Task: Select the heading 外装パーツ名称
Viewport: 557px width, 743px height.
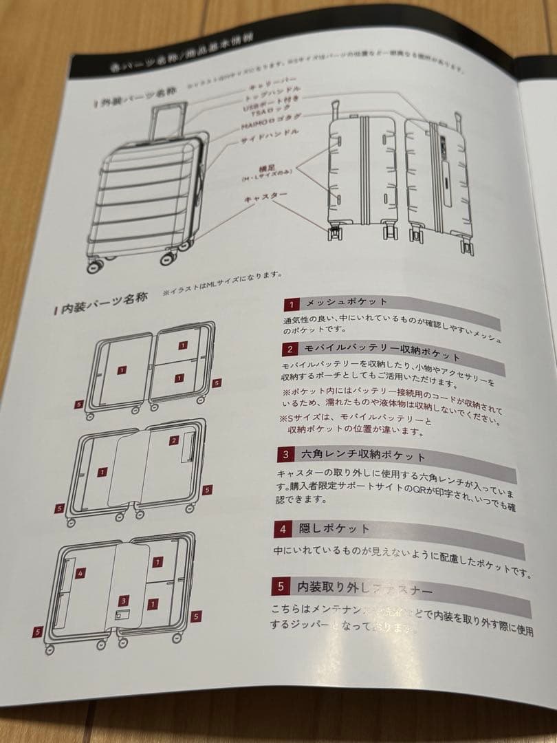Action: (x=134, y=96)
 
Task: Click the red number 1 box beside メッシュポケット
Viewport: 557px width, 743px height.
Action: (x=291, y=303)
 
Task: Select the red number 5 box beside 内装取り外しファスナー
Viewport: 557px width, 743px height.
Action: (x=281, y=587)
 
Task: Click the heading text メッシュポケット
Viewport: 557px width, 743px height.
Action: (x=346, y=303)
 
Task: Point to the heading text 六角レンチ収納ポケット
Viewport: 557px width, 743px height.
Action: (x=362, y=456)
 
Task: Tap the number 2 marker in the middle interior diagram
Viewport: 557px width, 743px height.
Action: (x=174, y=440)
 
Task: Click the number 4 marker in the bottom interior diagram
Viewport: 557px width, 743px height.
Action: (x=80, y=572)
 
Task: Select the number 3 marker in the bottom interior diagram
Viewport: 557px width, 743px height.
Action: (x=123, y=599)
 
